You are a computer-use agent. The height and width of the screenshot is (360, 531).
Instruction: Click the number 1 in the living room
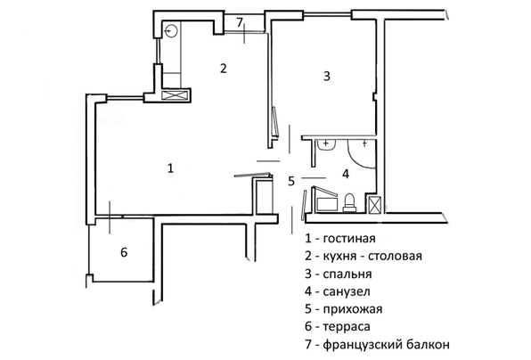[x=171, y=168]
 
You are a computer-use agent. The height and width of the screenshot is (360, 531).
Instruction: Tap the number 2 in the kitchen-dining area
[x=223, y=69]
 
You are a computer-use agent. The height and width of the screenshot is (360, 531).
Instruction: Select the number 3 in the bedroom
[x=326, y=76]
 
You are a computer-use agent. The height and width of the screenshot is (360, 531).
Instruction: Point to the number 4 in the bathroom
[x=346, y=174]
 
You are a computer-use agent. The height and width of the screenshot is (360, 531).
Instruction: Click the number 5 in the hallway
[x=291, y=181]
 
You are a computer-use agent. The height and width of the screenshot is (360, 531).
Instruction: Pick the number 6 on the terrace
[x=124, y=252]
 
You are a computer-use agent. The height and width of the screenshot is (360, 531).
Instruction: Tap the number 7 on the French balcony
[x=240, y=22]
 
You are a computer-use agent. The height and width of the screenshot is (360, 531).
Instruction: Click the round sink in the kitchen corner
[x=171, y=30]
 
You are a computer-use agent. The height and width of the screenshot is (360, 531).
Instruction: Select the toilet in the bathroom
[x=349, y=202]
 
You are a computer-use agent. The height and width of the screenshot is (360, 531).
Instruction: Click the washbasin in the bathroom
[x=326, y=144]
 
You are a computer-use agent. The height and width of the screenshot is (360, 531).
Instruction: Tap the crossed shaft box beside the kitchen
[x=175, y=95]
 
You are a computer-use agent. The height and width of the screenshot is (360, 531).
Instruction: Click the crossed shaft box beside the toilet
[x=374, y=205]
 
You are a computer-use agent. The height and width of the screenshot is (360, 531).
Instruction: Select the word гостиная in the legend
[x=349, y=239]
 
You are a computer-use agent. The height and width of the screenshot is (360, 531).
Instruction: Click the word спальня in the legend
[x=347, y=274]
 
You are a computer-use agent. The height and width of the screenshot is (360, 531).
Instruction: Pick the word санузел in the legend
[x=347, y=291]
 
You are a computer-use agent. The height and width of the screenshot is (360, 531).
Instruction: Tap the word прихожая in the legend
[x=353, y=309]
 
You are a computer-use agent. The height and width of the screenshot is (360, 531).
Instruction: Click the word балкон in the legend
[x=429, y=345]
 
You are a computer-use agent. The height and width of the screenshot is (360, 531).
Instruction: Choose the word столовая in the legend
[x=395, y=256]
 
